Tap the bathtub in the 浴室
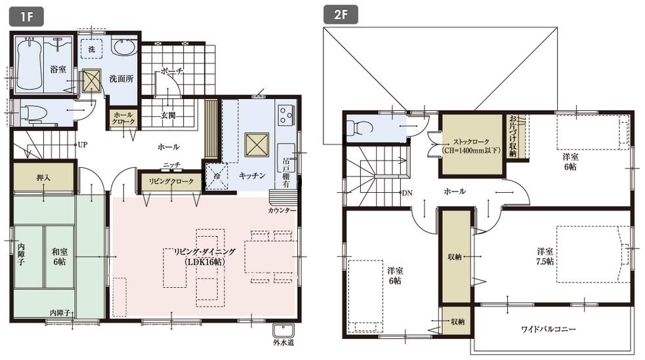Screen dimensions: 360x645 point(29,67)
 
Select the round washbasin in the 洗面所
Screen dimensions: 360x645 point(124,49)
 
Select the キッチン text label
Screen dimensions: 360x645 point(252,176)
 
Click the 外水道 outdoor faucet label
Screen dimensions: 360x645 point(283,342)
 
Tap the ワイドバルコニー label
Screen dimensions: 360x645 point(549,329)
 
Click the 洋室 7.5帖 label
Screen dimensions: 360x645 point(545,256)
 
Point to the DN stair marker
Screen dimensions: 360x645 point(407,193)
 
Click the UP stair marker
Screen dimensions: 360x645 point(83,144)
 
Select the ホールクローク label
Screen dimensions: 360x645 point(122,119)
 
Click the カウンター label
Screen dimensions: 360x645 point(282,210)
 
